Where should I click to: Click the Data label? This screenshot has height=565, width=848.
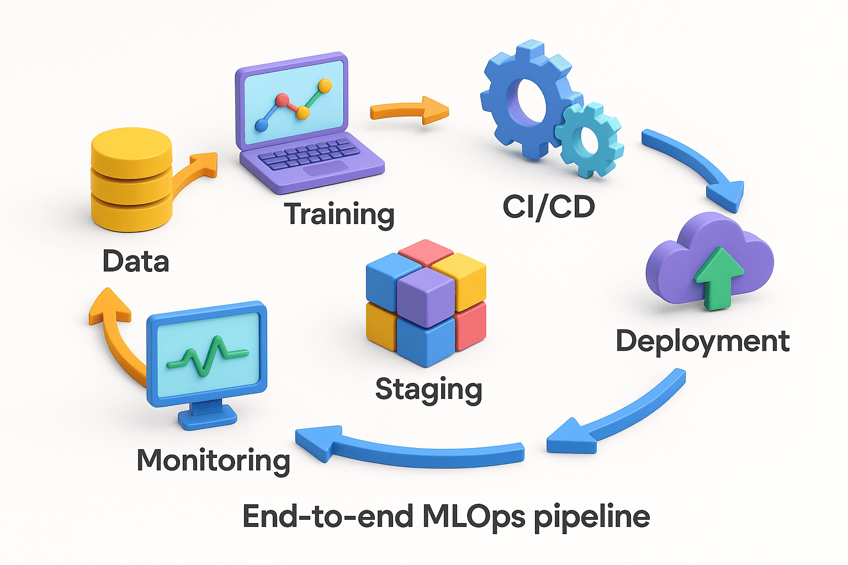tap(136, 261)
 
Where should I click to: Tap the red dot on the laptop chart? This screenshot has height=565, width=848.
tap(282, 100)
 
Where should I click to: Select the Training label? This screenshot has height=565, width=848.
tap(339, 214)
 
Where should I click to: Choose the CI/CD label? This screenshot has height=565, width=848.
tap(549, 206)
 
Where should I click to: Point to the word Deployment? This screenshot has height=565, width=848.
tap(702, 341)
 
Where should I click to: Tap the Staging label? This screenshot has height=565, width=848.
tap(428, 390)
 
